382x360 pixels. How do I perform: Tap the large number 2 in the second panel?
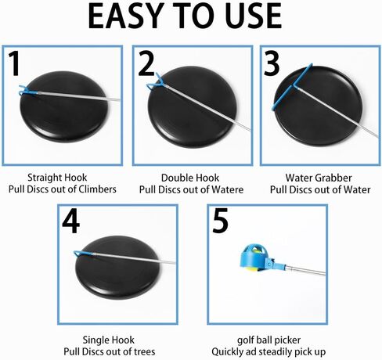click(x=146, y=64)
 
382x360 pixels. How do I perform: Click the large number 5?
click(x=220, y=221)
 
